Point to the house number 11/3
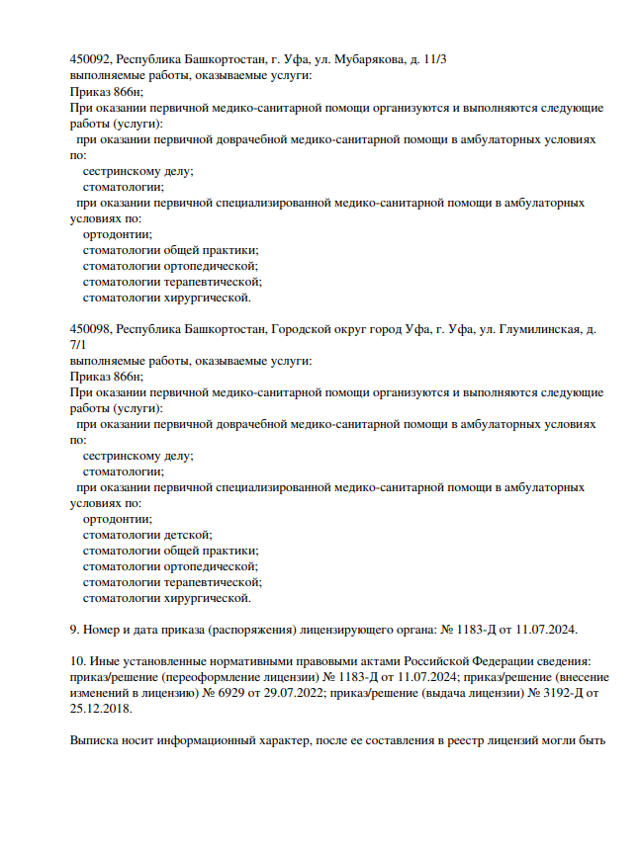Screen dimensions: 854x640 click(x=433, y=60)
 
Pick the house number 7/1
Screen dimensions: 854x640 click(x=78, y=345)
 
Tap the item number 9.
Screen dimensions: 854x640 click(x=74, y=630)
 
